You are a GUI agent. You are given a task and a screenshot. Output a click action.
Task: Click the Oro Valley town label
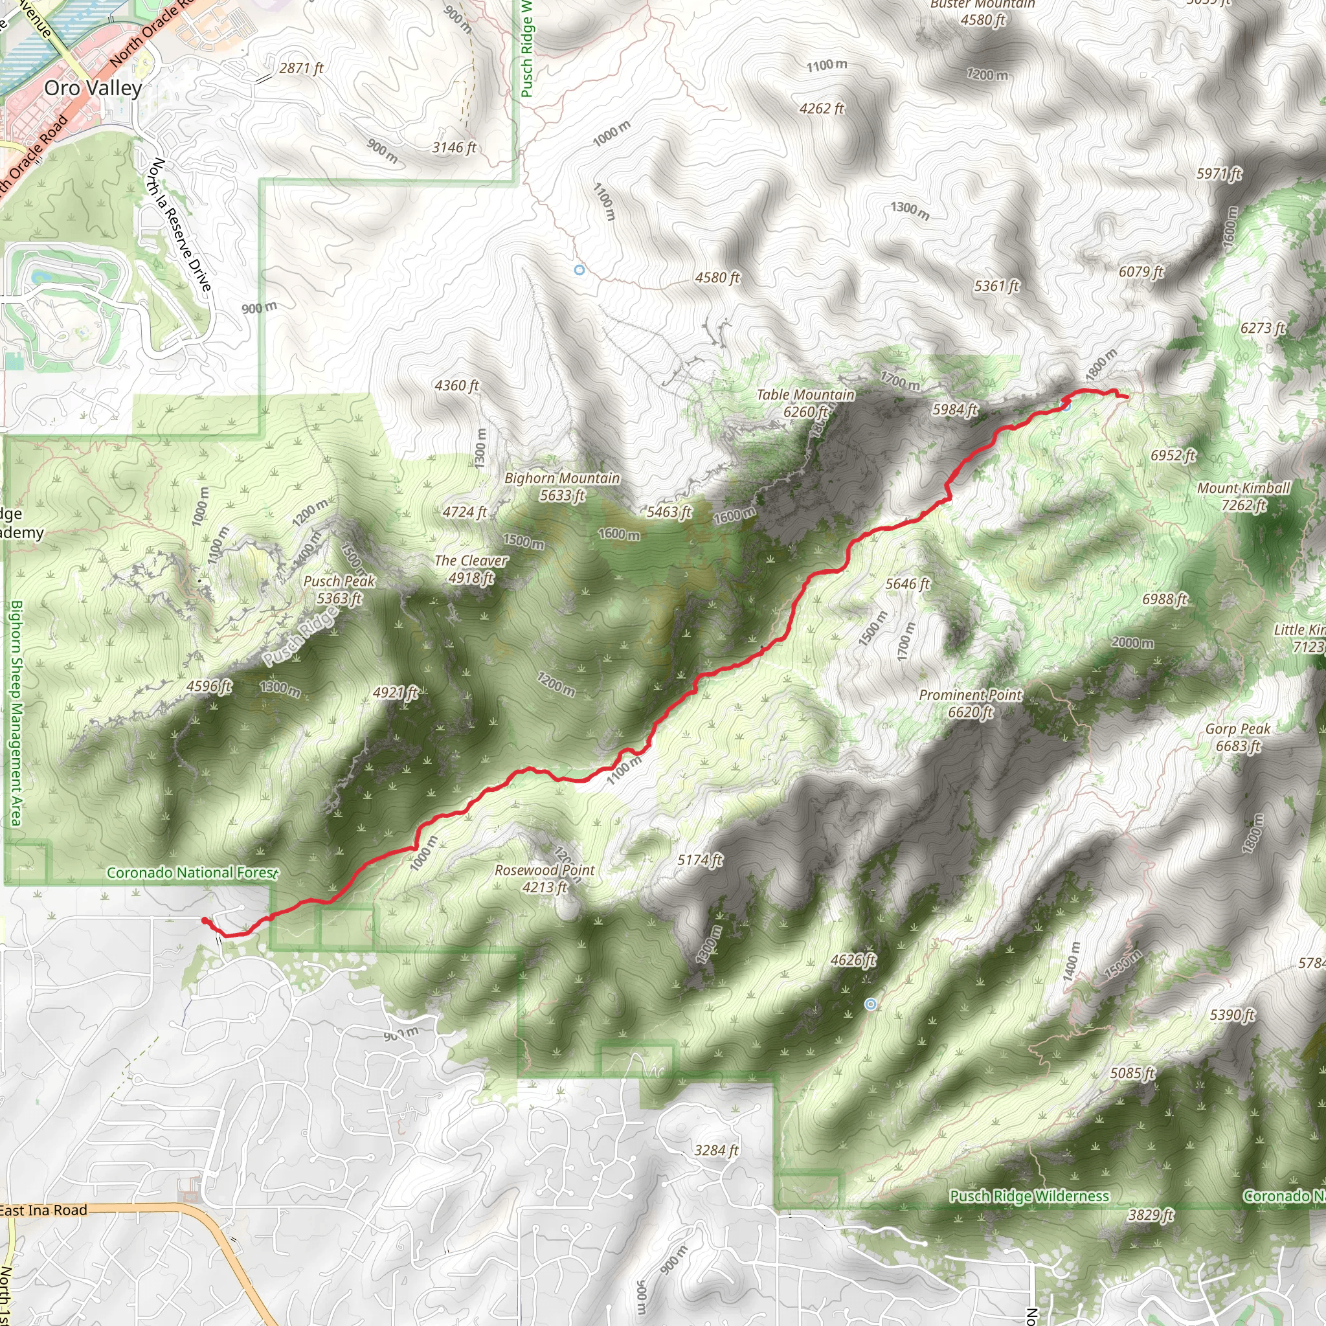click(x=93, y=88)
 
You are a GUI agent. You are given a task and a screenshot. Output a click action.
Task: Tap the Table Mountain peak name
click(x=805, y=396)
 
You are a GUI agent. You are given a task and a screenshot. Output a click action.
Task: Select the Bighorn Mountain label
click(x=562, y=478)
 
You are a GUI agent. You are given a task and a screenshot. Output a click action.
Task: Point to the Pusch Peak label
click(x=339, y=581)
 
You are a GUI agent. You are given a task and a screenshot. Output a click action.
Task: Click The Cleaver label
click(x=471, y=561)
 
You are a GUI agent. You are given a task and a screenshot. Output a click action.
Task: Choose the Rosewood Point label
click(x=545, y=870)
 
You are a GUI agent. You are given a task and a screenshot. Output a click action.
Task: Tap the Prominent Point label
click(x=970, y=695)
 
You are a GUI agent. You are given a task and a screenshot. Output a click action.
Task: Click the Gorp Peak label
click(x=1237, y=729)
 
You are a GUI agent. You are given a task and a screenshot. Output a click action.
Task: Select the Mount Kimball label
click(x=1243, y=488)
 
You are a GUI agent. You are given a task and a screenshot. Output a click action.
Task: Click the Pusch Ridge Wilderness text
click(x=1029, y=1197)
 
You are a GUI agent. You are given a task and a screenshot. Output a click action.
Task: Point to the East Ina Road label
click(x=44, y=1210)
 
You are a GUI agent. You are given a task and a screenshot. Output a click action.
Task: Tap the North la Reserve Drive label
click(x=180, y=225)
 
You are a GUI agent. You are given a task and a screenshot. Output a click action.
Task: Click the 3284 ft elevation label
click(x=716, y=1151)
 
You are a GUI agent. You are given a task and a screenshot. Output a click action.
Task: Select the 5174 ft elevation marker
click(x=700, y=860)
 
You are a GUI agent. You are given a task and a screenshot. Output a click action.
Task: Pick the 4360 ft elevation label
click(x=456, y=386)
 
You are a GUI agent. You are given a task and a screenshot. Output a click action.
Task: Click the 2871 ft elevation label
click(x=300, y=68)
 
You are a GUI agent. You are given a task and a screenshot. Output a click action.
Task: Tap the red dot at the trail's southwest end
click(x=205, y=921)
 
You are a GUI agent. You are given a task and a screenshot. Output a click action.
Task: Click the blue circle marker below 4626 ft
click(x=870, y=1004)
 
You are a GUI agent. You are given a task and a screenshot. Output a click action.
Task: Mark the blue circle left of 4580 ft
click(x=579, y=271)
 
